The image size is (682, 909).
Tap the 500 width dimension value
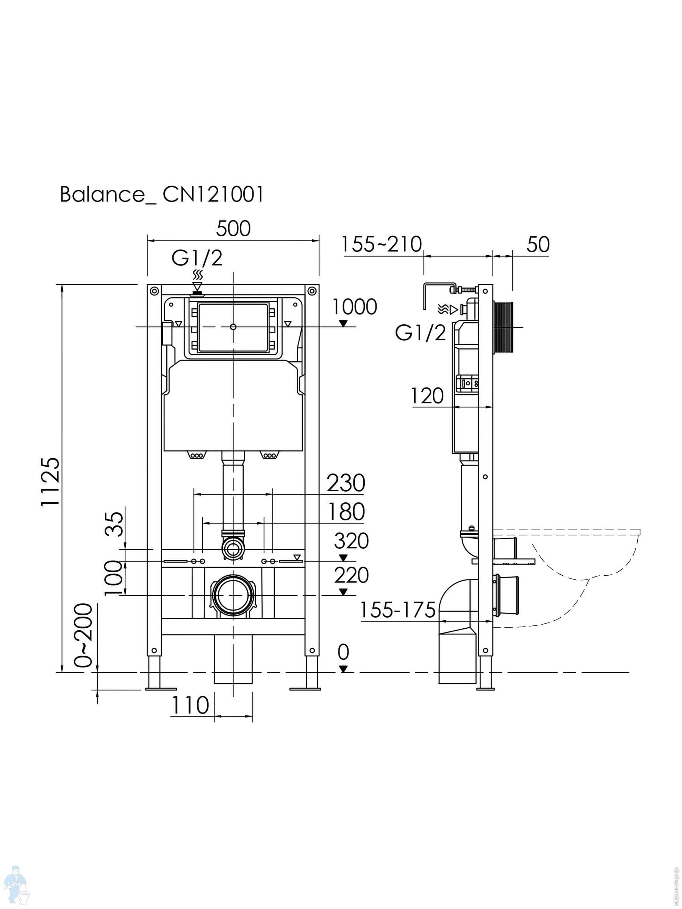tap(233, 229)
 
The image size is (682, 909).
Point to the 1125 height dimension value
tap(52, 482)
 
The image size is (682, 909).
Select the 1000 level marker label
tap(354, 307)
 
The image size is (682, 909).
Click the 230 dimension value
tap(346, 483)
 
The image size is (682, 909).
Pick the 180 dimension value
tap(346, 512)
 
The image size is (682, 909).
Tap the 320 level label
tap(351, 541)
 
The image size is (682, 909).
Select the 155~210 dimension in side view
tap(382, 245)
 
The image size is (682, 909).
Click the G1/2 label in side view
tap(421, 333)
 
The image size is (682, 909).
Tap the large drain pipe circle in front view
tap(233, 595)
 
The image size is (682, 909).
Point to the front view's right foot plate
tap(305, 689)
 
